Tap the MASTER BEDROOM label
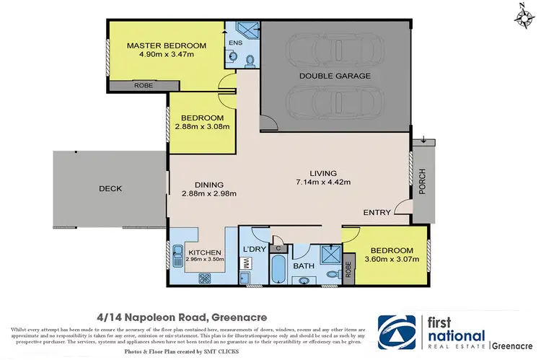click(x=167, y=45)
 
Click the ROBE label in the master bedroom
click(x=142, y=86)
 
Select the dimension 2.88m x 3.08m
click(x=202, y=127)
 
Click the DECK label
click(x=110, y=189)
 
